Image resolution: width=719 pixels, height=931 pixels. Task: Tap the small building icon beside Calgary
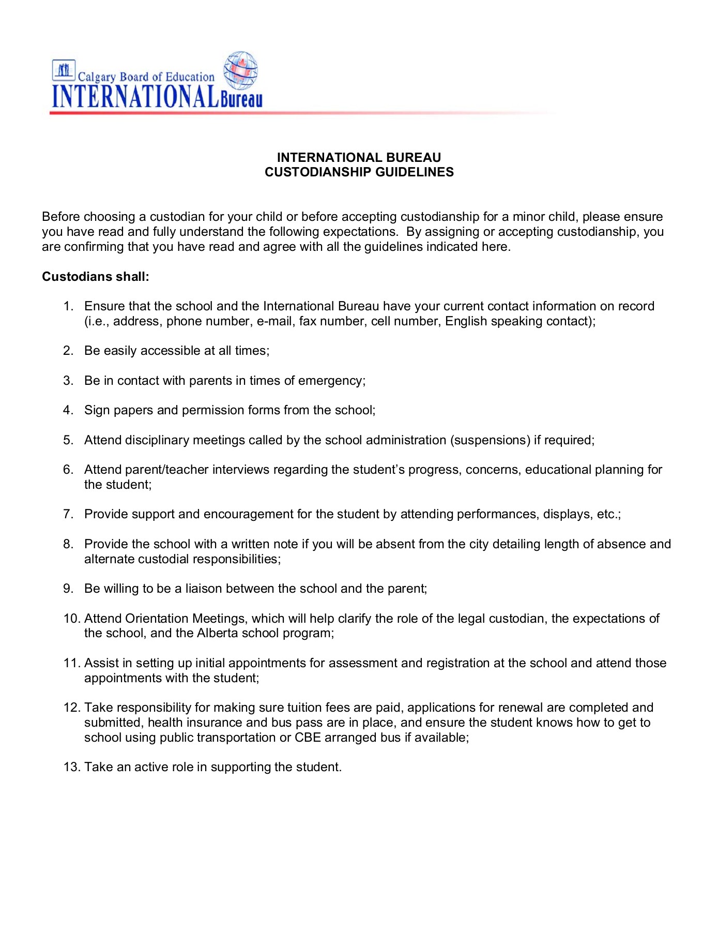click(x=64, y=70)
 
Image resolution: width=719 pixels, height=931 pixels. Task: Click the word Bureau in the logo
click(x=241, y=98)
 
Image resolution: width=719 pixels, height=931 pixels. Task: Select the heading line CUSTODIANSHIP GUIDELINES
click(x=359, y=172)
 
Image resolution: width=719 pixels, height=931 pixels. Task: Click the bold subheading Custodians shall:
click(x=96, y=277)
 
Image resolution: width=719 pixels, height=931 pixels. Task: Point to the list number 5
click(x=68, y=440)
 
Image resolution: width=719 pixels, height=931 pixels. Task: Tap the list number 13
click(x=72, y=767)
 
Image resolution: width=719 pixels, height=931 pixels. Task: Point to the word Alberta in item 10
click(x=217, y=634)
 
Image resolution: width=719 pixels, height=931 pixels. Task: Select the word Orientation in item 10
click(x=157, y=619)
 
